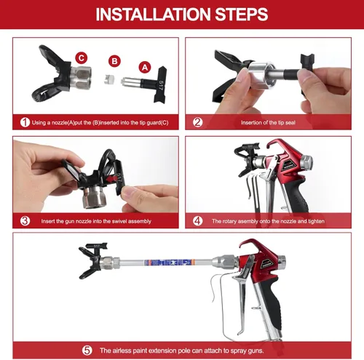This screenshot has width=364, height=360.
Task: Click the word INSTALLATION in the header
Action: (x=153, y=15)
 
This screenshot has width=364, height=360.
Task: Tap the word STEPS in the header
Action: (x=242, y=15)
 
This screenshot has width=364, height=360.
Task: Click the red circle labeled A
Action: (x=145, y=68)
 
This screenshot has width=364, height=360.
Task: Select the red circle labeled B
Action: (x=114, y=61)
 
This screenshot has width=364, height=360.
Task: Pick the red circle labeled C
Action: (x=82, y=58)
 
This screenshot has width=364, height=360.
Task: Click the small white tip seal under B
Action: (x=109, y=79)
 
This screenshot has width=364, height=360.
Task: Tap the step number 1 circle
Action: (x=25, y=122)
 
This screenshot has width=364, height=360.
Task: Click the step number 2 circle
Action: (x=197, y=122)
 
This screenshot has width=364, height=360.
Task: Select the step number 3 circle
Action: (x=25, y=221)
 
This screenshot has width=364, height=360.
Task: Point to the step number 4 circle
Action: (x=197, y=221)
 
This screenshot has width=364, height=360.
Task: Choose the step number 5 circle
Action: (x=87, y=351)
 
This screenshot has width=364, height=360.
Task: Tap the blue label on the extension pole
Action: (x=170, y=263)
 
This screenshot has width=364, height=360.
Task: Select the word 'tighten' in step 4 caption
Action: (x=317, y=221)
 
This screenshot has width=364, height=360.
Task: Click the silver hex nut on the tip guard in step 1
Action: (x=82, y=78)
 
